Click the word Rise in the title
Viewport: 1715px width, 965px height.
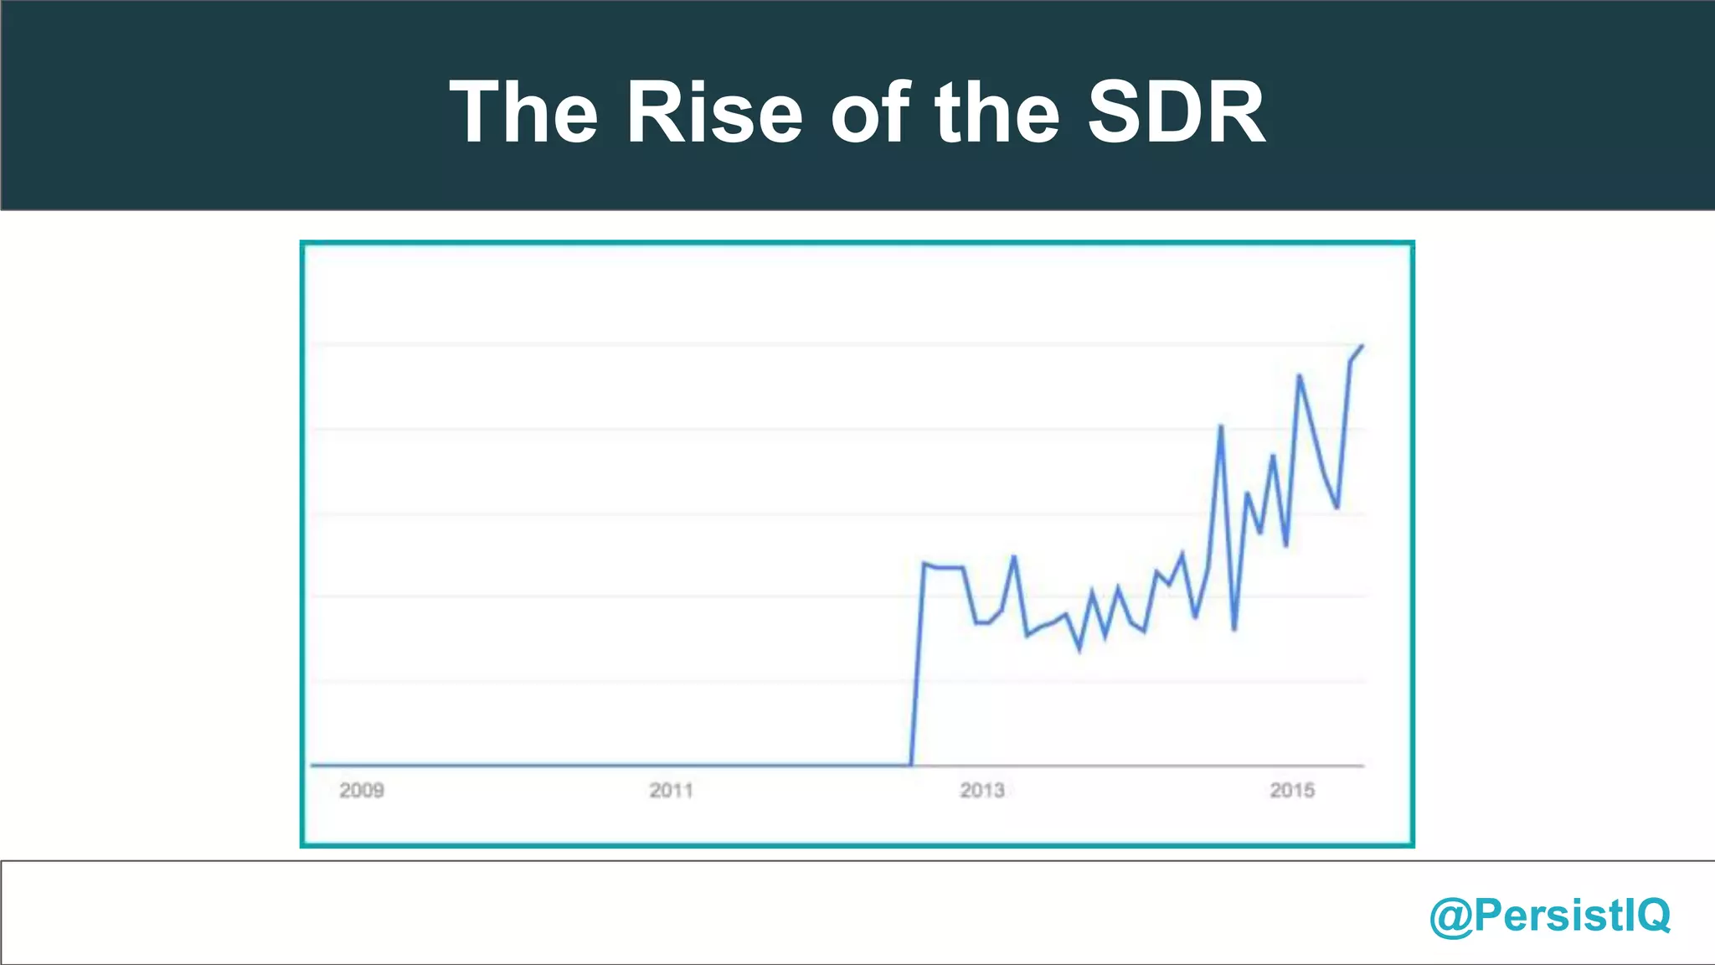click(714, 112)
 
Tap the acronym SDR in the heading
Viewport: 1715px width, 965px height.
click(1177, 112)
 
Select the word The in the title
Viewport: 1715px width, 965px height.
click(524, 112)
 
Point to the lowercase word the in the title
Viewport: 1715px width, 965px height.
click(997, 112)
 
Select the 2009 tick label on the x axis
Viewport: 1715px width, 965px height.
click(361, 790)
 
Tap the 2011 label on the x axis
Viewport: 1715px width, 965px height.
click(671, 790)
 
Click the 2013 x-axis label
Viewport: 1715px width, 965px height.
click(981, 790)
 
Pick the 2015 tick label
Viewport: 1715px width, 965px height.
click(1292, 790)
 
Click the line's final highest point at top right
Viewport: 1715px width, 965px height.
click(1362, 346)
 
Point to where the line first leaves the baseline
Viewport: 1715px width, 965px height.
click(911, 764)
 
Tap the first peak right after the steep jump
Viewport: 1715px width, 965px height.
click(924, 563)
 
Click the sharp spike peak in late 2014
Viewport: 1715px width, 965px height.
click(1221, 426)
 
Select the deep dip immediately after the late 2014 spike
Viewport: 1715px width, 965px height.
click(1234, 629)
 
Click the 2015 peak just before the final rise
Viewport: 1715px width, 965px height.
click(1299, 375)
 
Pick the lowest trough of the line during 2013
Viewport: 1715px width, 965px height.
click(1079, 649)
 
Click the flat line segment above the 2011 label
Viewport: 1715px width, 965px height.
click(671, 764)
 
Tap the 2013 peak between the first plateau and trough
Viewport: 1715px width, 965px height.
click(1014, 557)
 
